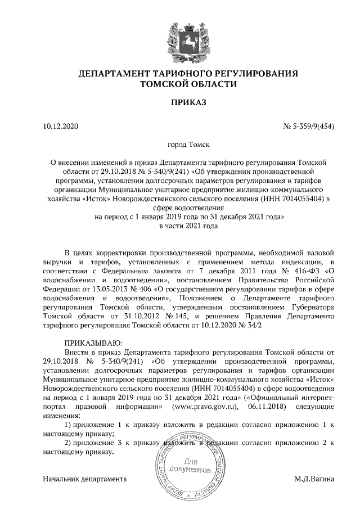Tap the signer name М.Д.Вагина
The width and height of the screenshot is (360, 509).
[x=314, y=479]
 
